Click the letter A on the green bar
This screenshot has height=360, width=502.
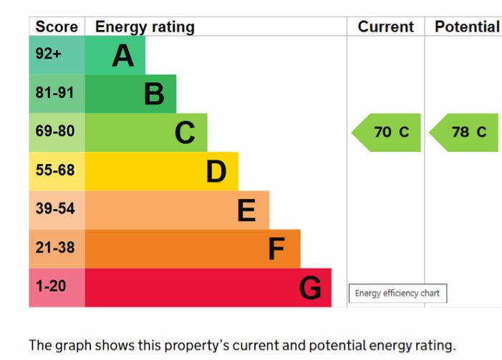coord(123,56)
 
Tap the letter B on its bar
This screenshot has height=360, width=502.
coord(154,94)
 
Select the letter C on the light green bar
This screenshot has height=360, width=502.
coord(185,132)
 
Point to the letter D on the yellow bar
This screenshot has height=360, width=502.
coord(216,172)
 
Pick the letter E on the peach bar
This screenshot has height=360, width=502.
coord(246,210)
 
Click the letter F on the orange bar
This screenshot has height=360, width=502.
coord(276,249)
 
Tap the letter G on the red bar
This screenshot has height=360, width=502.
coord(310,288)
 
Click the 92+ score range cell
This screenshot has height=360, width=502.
coord(49,55)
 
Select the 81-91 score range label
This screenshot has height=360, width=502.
coord(55,94)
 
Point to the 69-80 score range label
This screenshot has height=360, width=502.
coord(55,132)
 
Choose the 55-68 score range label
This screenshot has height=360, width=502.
coord(55,171)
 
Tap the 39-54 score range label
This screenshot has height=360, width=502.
coord(55,210)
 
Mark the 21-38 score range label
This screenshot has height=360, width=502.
coord(55,248)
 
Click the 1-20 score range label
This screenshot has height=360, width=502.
coord(51,287)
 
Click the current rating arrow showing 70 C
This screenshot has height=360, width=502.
coord(387,132)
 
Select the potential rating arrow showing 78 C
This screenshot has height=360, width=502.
coord(465,132)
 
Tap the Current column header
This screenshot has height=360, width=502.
coord(386,27)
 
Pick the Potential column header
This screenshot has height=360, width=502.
coord(467,27)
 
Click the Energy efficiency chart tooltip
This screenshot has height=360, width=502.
coord(397,293)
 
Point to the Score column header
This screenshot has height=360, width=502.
coord(57,27)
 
